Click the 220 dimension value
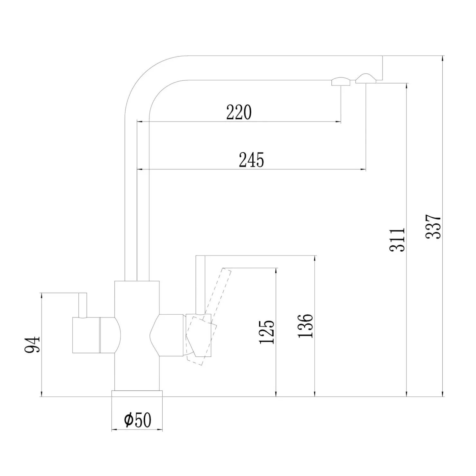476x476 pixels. click(x=239, y=112)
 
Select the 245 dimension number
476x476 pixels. click(x=251, y=160)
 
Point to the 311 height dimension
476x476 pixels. click(x=397, y=240)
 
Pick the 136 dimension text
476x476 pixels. click(x=305, y=326)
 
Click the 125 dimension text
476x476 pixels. click(x=267, y=332)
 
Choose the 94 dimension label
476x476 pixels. click(x=32, y=345)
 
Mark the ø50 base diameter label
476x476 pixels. click(x=137, y=420)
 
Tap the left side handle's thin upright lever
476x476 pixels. click(x=83, y=305)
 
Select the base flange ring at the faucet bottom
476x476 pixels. click(x=137, y=394)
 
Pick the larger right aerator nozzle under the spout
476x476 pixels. click(x=365, y=79)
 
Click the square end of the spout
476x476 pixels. click(x=379, y=68)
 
